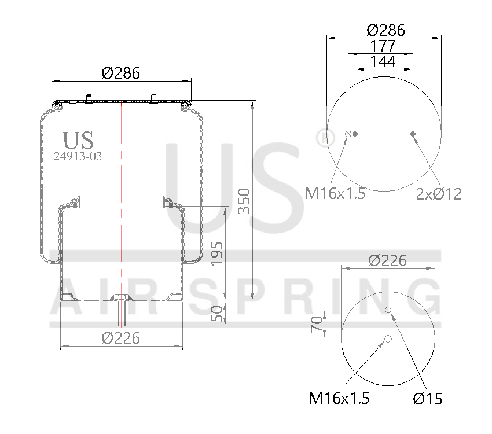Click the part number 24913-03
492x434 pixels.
78,156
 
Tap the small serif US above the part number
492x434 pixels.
78,139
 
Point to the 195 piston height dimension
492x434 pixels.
216,253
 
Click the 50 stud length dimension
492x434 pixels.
216,314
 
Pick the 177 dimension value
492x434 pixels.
383,46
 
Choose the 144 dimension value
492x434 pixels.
383,61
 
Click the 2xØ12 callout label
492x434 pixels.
439,194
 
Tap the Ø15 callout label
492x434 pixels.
428,398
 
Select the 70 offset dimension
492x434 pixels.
317,324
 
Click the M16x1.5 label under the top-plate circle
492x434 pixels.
336,194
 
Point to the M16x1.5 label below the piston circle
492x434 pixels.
339,398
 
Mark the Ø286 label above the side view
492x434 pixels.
121,73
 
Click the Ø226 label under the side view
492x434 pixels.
121,337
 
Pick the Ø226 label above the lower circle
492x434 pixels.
388,260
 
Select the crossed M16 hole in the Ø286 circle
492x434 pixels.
348,134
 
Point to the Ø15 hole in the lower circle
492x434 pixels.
388,311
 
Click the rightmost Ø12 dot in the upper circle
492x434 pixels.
413,134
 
